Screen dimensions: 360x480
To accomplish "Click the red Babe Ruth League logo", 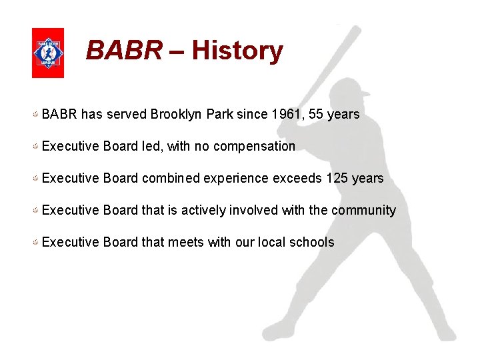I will pyautogui.click(x=48, y=53).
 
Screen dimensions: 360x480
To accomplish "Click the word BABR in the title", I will pyautogui.click(x=124, y=51).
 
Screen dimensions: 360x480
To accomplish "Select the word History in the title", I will pyautogui.click(x=237, y=51).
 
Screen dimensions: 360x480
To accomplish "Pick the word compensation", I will pyautogui.click(x=253, y=146).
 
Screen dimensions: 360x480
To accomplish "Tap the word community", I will pyautogui.click(x=363, y=210).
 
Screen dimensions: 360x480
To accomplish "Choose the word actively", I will pyautogui.click(x=204, y=210).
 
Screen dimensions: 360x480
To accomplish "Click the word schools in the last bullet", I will pyautogui.click(x=311, y=242).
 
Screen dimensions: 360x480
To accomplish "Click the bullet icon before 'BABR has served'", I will pyautogui.click(x=35, y=115).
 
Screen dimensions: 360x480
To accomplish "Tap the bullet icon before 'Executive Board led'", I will pyautogui.click(x=35, y=147).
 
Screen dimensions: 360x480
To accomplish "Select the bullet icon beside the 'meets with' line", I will pyautogui.click(x=35, y=243).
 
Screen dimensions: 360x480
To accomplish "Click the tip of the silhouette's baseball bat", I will pyautogui.click(x=357, y=29).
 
